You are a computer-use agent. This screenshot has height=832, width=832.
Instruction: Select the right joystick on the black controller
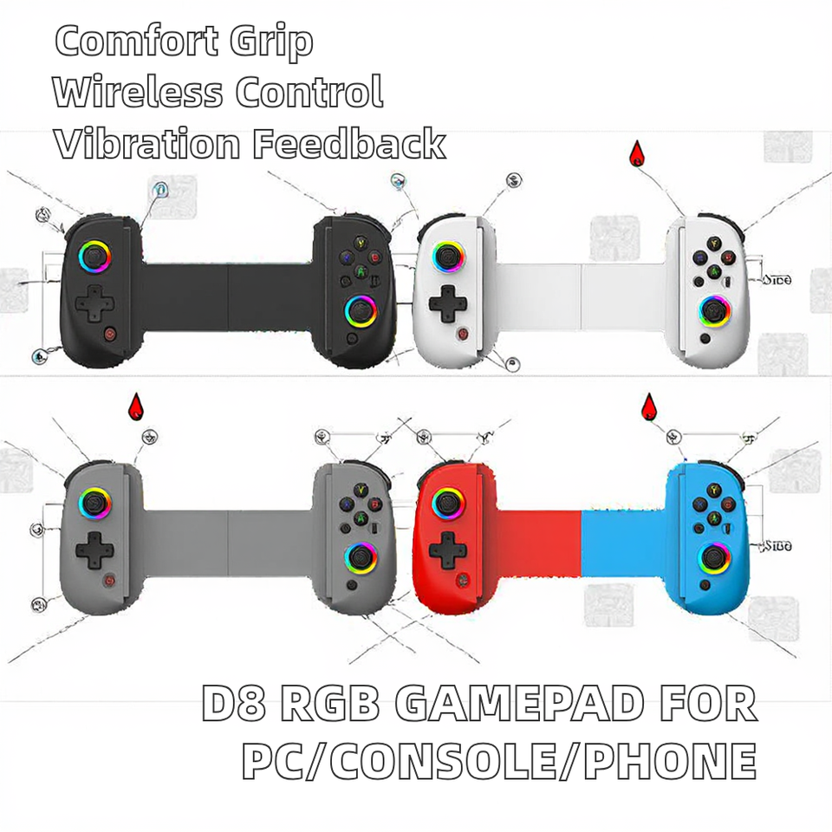(361, 309)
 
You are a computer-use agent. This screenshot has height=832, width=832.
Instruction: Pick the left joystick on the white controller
(448, 257)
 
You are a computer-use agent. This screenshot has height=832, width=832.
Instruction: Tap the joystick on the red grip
(448, 501)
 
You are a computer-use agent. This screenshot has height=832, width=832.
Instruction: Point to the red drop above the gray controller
(134, 405)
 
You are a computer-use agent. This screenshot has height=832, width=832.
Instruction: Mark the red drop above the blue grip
(647, 406)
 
